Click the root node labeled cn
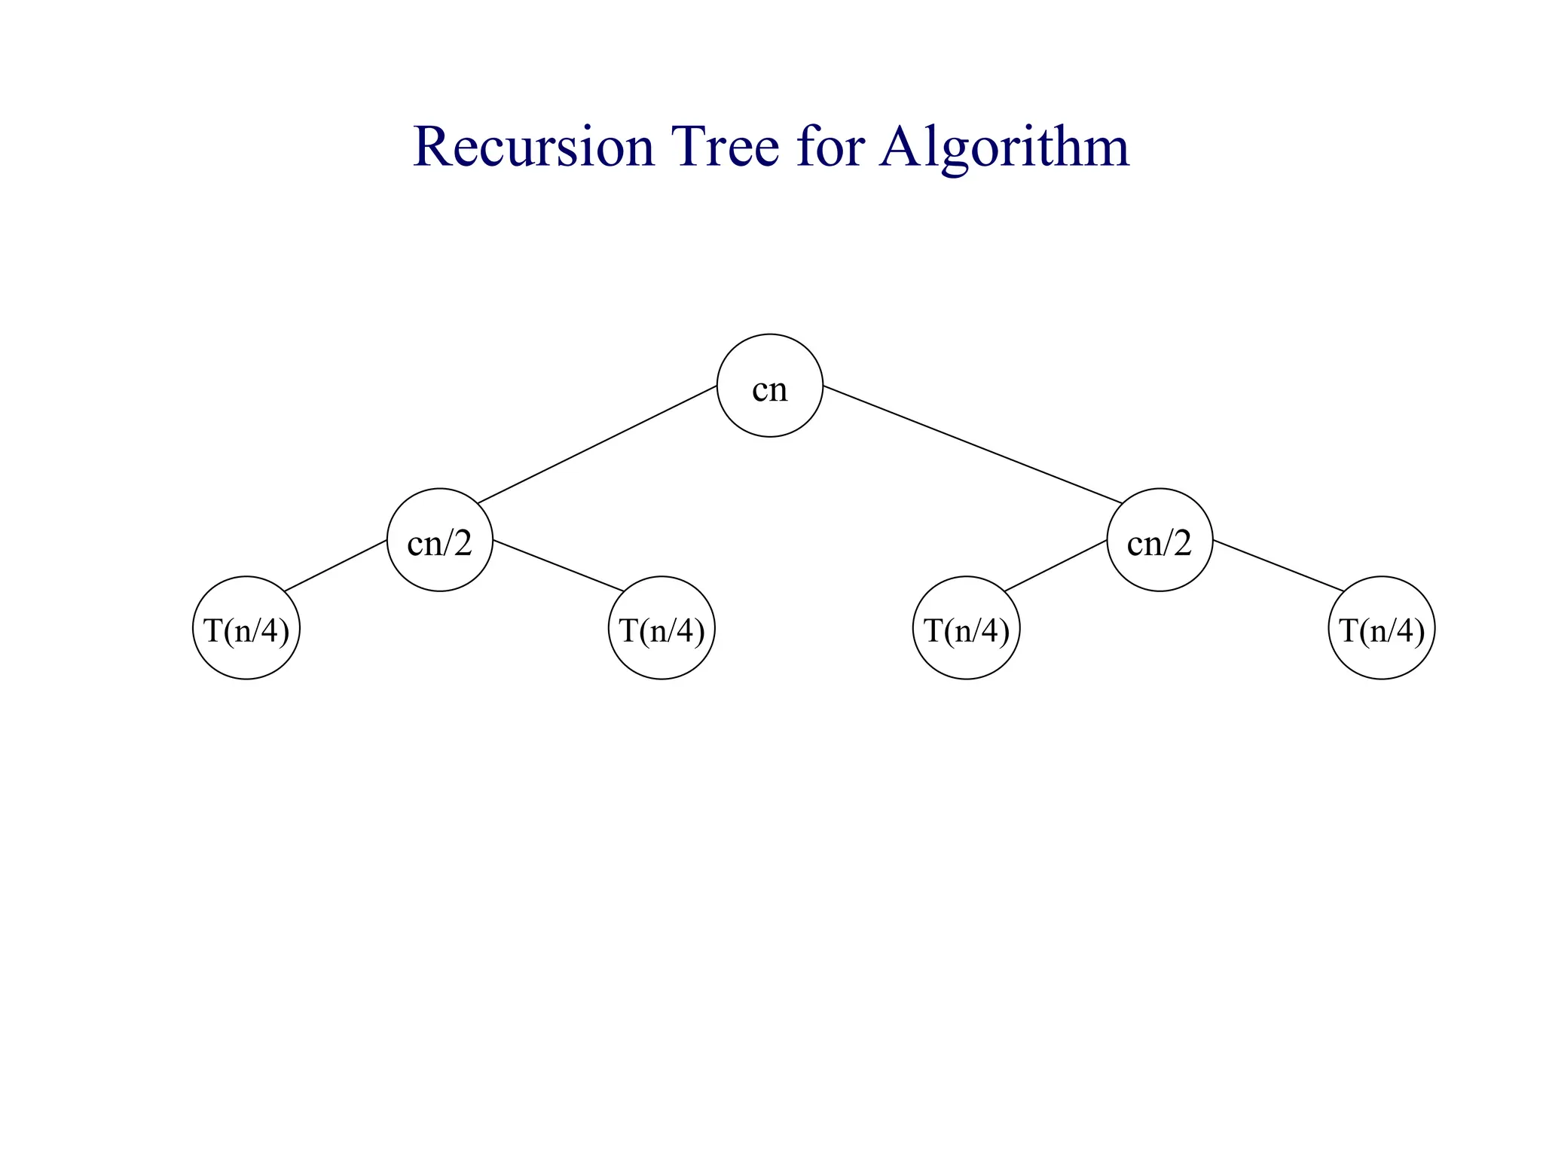pyautogui.click(x=769, y=386)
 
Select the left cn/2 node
pyautogui.click(x=439, y=540)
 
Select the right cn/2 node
pyautogui.click(x=1160, y=540)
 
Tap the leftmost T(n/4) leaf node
pyautogui.click(x=246, y=628)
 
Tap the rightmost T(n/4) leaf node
pyautogui.click(x=1381, y=628)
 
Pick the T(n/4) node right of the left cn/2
pyautogui.click(x=662, y=628)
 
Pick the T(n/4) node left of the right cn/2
pyautogui.click(x=966, y=628)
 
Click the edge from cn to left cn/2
pyautogui.click(x=597, y=444)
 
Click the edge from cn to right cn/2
pyautogui.click(x=972, y=444)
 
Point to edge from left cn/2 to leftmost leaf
pyautogui.click(x=336, y=566)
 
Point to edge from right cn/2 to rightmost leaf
pyautogui.click(x=1279, y=566)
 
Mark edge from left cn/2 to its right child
pyautogui.click(x=558, y=566)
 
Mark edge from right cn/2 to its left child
pyautogui.click(x=1056, y=566)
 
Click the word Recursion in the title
pyautogui.click(x=533, y=147)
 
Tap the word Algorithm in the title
pyautogui.click(x=1004, y=147)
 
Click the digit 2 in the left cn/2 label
pyautogui.click(x=462, y=542)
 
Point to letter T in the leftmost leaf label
pyautogui.click(x=212, y=630)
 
